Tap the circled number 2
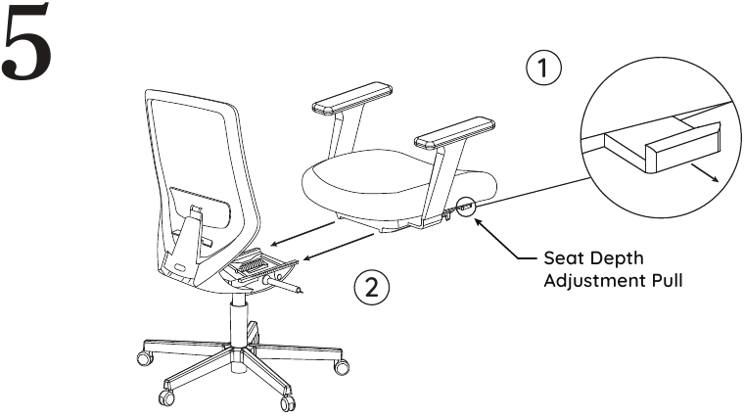[x=371, y=288]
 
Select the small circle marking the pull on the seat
[x=466, y=207]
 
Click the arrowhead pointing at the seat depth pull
[x=481, y=224]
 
